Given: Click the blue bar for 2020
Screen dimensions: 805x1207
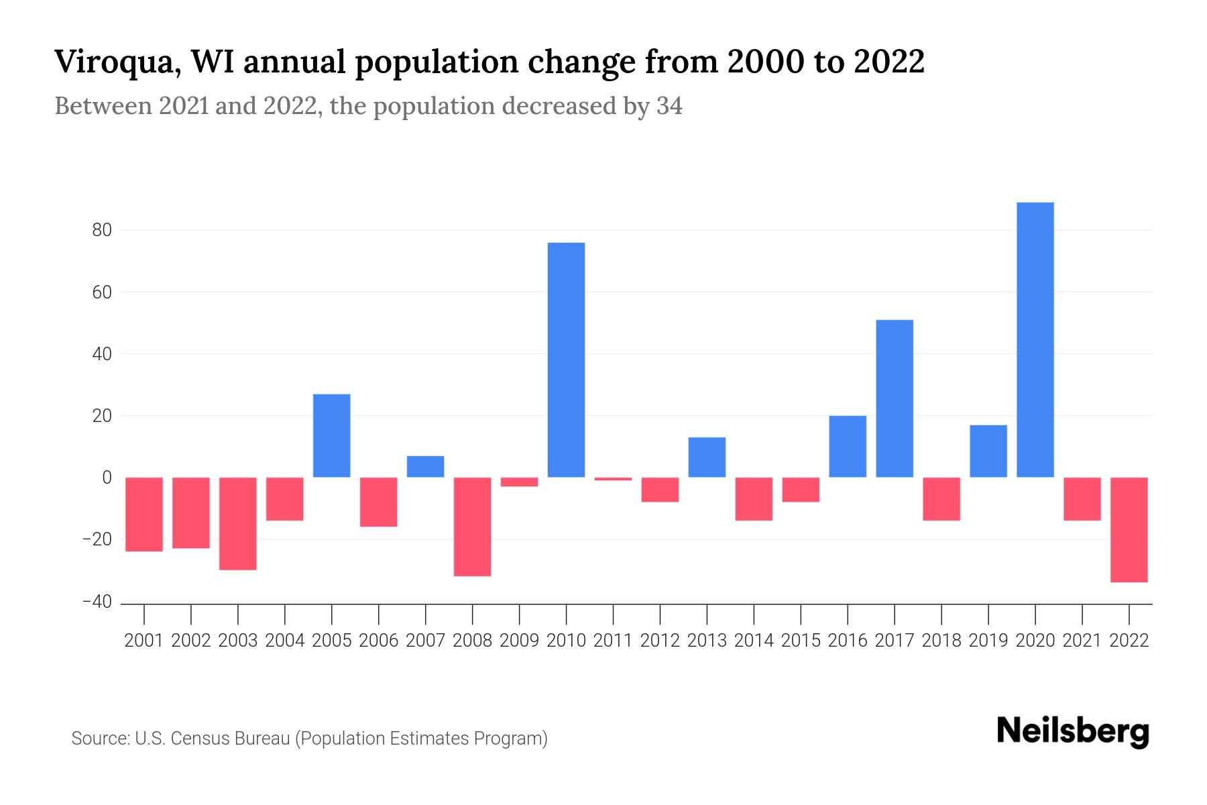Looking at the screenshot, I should point(1035,339).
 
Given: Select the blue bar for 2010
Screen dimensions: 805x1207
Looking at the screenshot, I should point(566,360).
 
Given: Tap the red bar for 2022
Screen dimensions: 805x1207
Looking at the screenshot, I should point(1129,529).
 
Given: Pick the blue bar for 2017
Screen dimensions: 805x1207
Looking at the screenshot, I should point(895,398).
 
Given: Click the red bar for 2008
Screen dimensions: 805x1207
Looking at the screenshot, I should point(472,527).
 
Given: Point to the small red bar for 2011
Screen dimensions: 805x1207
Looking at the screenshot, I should point(613,479).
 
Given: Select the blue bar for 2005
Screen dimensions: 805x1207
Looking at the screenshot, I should point(331,435).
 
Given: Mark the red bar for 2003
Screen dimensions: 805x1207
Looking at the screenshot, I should point(238,523).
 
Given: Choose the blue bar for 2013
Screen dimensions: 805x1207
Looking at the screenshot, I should point(707,457).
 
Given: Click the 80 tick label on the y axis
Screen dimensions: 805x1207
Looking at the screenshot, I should point(102,230).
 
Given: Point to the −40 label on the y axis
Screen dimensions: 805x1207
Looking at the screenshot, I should point(97,602).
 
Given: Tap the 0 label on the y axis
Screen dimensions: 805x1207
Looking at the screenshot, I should point(107,478).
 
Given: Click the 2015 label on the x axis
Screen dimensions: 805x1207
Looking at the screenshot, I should point(801,641).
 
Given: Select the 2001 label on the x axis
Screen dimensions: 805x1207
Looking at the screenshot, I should point(144,641).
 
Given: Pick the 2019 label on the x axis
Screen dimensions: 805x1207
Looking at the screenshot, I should point(988,641).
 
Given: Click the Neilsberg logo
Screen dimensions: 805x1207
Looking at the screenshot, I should point(1072,731).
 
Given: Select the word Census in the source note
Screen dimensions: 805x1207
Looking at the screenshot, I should point(198,739).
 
